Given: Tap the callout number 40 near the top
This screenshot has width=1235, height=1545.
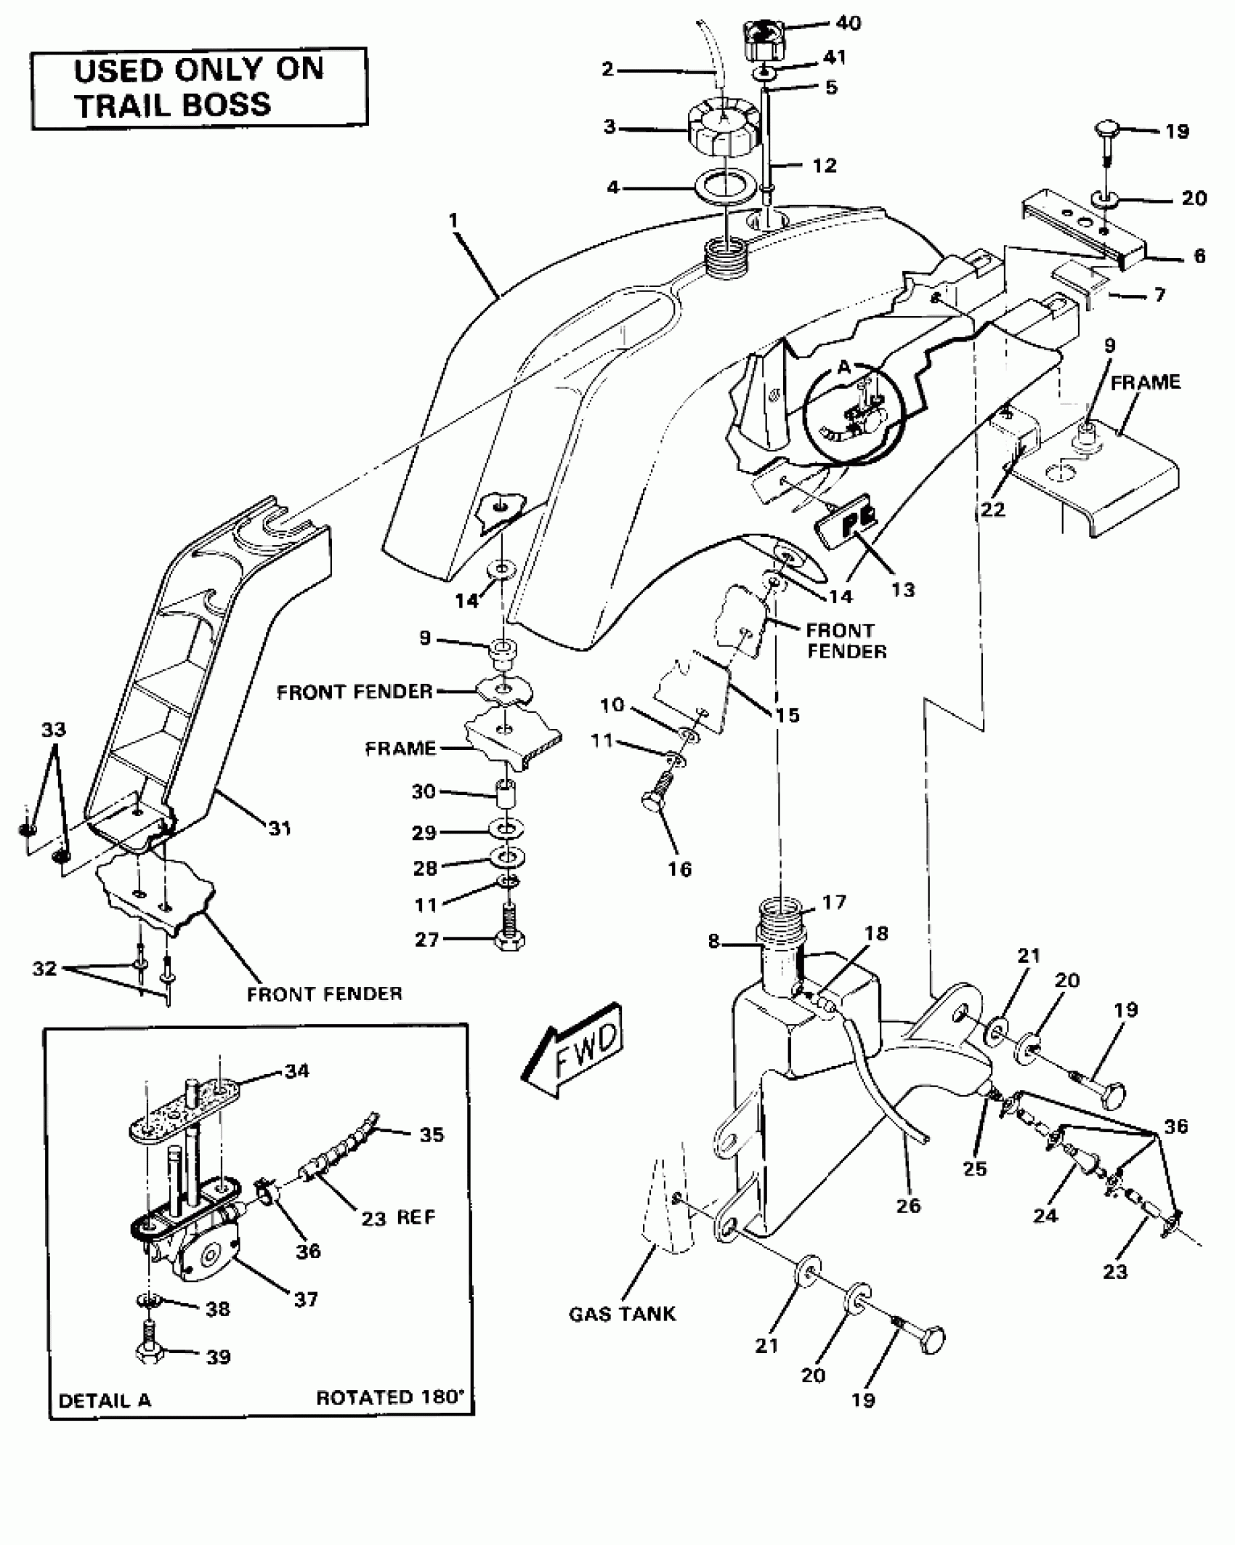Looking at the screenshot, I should (848, 23).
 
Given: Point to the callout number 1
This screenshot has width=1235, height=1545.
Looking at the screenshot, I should (454, 220).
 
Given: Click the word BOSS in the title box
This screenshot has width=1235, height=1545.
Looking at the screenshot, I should (225, 105).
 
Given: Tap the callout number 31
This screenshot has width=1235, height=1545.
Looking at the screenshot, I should (280, 828).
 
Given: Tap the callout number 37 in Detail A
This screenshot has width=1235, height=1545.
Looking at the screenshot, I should (306, 1299).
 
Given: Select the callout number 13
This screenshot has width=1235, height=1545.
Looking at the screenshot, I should (903, 589).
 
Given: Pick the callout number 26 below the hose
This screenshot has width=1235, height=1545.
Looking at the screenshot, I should (908, 1205).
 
